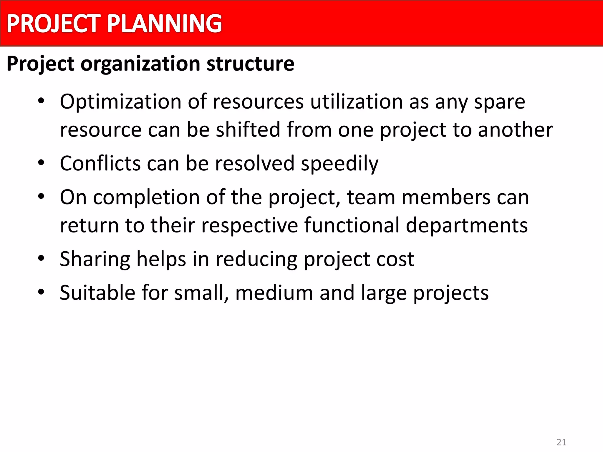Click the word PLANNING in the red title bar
click(x=164, y=24)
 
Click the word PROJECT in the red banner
click(x=54, y=24)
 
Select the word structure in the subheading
click(x=250, y=64)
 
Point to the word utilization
click(x=357, y=102)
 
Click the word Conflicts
click(x=100, y=163)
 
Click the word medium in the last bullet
click(x=274, y=293)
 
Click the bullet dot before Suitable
click(x=41, y=292)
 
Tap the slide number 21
click(x=561, y=442)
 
